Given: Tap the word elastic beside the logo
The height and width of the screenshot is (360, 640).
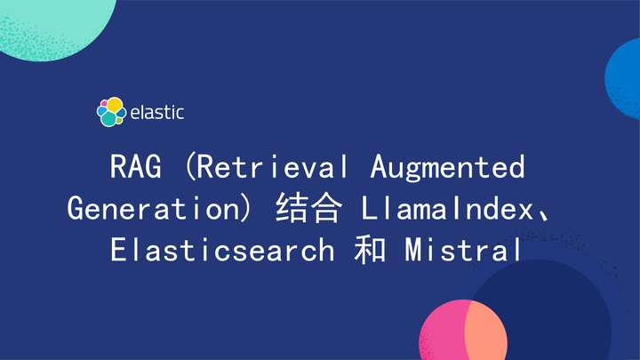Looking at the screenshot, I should pyautogui.click(x=157, y=113).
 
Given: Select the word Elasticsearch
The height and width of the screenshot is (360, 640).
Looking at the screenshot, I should pyautogui.click(x=221, y=250).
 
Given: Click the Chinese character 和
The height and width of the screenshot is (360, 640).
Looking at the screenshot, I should pyautogui.click(x=367, y=250).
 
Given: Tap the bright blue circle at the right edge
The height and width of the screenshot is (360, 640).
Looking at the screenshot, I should pyautogui.click(x=626, y=76).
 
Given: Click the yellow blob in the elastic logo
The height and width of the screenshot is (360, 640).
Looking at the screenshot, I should pyautogui.click(x=115, y=104).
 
